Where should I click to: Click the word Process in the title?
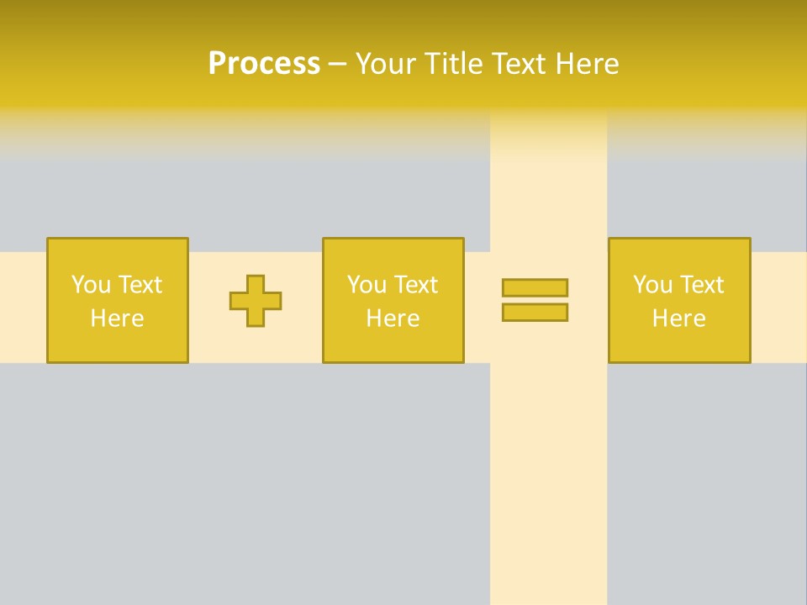click(x=264, y=64)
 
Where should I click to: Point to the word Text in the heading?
click(x=525, y=64)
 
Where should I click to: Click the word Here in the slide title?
click(x=590, y=64)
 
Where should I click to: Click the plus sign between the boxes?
click(x=256, y=301)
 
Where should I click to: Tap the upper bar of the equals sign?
click(x=535, y=288)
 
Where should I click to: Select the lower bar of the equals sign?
click(x=535, y=313)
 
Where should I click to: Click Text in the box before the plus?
click(x=140, y=285)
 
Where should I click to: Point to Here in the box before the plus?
click(x=118, y=318)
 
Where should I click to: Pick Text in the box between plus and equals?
click(x=415, y=285)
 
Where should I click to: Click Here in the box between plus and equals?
click(x=393, y=318)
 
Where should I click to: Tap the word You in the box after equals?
click(x=652, y=285)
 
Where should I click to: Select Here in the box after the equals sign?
click(x=679, y=318)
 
